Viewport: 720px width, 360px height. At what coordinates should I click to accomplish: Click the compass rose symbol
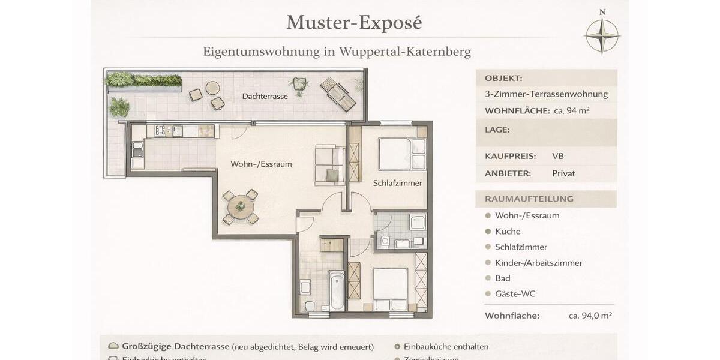[602, 35]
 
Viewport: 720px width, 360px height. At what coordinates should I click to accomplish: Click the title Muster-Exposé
[354, 22]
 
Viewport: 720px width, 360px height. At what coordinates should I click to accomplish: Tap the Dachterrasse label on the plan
[265, 96]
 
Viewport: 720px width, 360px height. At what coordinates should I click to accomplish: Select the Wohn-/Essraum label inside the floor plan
[261, 164]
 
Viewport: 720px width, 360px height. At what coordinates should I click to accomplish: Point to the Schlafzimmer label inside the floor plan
[397, 183]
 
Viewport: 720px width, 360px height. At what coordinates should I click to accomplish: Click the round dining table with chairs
[240, 207]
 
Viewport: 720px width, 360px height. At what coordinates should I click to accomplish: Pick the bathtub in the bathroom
[337, 291]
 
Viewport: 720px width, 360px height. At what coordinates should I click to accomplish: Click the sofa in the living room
[329, 164]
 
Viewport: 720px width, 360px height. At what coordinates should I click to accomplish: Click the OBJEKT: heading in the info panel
[503, 78]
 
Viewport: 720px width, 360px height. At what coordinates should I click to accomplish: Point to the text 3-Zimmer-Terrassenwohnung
[546, 94]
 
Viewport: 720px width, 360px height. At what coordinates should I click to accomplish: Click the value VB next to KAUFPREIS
[558, 156]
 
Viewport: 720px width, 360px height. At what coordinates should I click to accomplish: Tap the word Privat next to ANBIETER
[563, 173]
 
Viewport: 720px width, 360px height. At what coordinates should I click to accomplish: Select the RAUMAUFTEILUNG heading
[529, 199]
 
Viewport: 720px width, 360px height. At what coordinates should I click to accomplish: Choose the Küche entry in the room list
[508, 231]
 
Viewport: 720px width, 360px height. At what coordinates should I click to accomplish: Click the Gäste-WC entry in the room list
[515, 294]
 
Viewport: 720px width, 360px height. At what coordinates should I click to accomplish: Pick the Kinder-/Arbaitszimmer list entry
[538, 263]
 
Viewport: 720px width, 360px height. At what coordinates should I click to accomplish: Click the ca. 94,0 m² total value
[590, 316]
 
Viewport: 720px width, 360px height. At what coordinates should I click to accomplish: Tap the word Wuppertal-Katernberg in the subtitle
[405, 52]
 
